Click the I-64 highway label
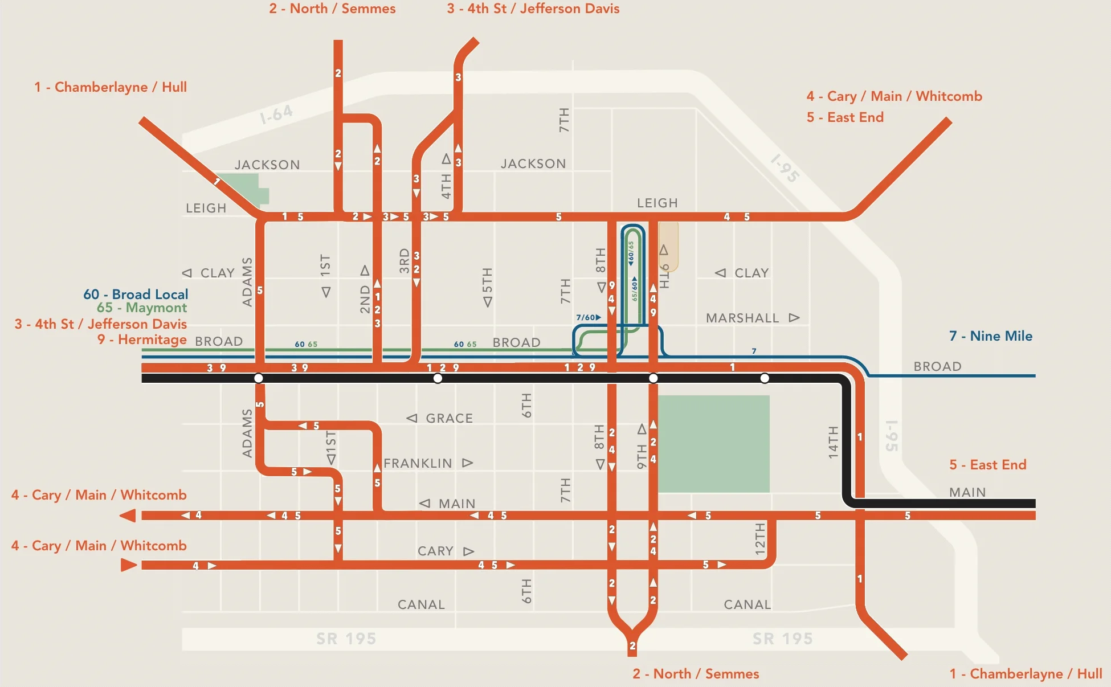pyautogui.click(x=276, y=114)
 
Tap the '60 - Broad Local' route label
pyautogui.click(x=136, y=295)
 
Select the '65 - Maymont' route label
pyautogui.click(x=142, y=308)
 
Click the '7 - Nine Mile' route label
pyautogui.click(x=990, y=336)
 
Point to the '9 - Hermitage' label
pyautogui.click(x=142, y=340)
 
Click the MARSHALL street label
pyautogui.click(x=742, y=318)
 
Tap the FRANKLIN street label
pyautogui.click(x=418, y=463)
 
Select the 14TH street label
pyautogui.click(x=833, y=442)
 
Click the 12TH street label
pyautogui.click(x=760, y=539)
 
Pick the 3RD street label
pyautogui.click(x=404, y=260)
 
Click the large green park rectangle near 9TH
pyautogui.click(x=713, y=443)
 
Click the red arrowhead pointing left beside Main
pyautogui.click(x=128, y=516)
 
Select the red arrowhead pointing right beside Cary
pyautogui.click(x=129, y=565)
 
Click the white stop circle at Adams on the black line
pyautogui.click(x=259, y=378)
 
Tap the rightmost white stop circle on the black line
pyautogui.click(x=765, y=378)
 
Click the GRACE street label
pyautogui.click(x=449, y=418)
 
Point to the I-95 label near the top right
pyautogui.click(x=785, y=168)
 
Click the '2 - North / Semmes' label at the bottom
pyautogui.click(x=696, y=674)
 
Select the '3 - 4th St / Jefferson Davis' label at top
pyautogui.click(x=533, y=9)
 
